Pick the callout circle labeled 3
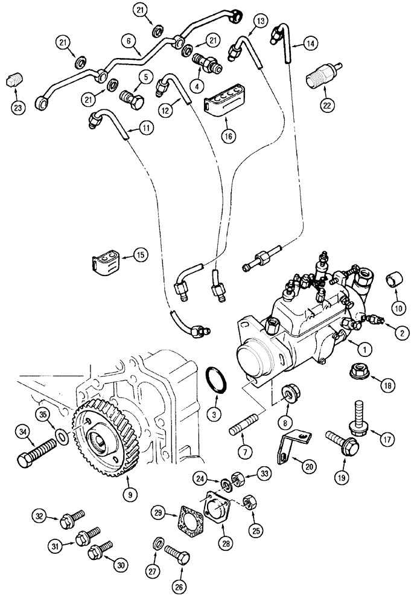[x=213, y=414]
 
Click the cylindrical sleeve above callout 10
[x=394, y=280]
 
